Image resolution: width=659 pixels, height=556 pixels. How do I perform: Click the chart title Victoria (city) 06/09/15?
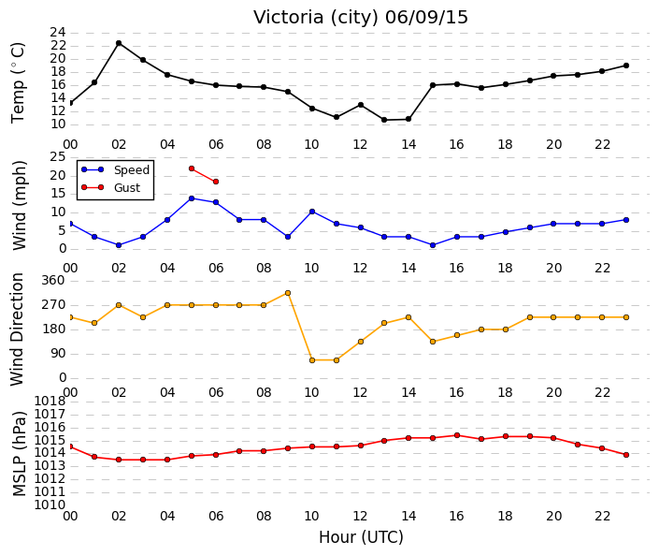pyautogui.click(x=360, y=18)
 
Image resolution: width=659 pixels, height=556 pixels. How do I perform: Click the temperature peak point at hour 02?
pyautogui.click(x=119, y=43)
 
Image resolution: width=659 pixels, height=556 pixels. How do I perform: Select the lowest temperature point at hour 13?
pyautogui.click(x=384, y=120)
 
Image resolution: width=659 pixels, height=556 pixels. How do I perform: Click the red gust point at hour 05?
pyautogui.click(x=192, y=168)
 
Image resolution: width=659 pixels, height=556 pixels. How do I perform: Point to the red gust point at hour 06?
pyautogui.click(x=216, y=182)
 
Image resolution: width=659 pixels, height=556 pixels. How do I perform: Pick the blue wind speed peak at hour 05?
pyautogui.click(x=192, y=198)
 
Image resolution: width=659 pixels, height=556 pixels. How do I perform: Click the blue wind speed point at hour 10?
pyautogui.click(x=312, y=212)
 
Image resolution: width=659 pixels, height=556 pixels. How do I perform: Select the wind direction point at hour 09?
pyautogui.click(x=288, y=293)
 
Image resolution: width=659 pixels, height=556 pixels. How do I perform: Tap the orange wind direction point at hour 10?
pyautogui.click(x=312, y=360)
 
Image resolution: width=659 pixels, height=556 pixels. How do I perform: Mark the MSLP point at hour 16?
pyautogui.click(x=457, y=435)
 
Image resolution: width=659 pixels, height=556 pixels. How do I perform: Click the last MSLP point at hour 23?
pyautogui.click(x=626, y=455)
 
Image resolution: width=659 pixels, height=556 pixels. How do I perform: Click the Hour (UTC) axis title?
pyautogui.click(x=361, y=537)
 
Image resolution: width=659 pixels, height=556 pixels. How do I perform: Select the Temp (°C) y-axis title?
pyautogui.click(x=18, y=83)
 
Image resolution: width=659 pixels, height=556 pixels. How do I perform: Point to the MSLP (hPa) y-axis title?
pyautogui.click(x=20, y=454)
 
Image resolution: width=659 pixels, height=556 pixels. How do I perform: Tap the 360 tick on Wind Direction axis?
pyautogui.click(x=53, y=280)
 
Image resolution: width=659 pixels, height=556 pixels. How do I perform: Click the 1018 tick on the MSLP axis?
pyautogui.click(x=50, y=401)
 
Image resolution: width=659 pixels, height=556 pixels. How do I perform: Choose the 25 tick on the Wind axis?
pyautogui.click(x=58, y=157)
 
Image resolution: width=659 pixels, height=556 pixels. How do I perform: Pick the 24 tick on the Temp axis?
pyautogui.click(x=58, y=33)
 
